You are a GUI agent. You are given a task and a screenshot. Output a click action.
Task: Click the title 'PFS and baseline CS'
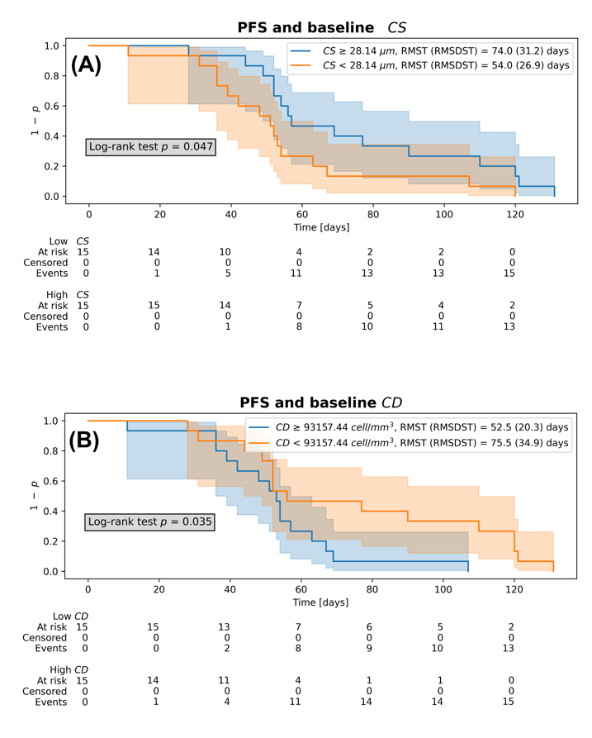pyautogui.click(x=322, y=27)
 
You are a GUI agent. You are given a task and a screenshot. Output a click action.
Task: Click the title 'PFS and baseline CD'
pyautogui.click(x=320, y=402)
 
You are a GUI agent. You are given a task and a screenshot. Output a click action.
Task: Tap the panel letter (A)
pyautogui.click(x=86, y=64)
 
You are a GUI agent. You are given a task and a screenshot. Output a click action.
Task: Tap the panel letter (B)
pyautogui.click(x=85, y=440)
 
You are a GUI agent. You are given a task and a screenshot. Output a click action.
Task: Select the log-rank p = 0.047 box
pyautogui.click(x=150, y=147)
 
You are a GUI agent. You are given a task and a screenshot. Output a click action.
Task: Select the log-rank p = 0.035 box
pyautogui.click(x=149, y=522)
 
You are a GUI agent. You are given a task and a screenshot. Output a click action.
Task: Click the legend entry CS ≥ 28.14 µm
pyautogui.click(x=430, y=51)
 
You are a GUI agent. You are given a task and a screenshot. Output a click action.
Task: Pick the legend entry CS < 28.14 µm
pyautogui.click(x=430, y=65)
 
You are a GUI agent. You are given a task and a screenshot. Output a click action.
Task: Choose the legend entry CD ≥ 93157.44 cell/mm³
pyautogui.click(x=408, y=427)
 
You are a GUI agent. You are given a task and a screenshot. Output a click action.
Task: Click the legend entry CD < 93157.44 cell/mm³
pyautogui.click(x=408, y=442)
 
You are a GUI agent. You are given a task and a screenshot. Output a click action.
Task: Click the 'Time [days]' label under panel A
pyautogui.click(x=322, y=227)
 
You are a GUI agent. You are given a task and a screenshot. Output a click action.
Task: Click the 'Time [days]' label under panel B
pyautogui.click(x=320, y=602)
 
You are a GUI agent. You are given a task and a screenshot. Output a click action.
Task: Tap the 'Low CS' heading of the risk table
pyautogui.click(x=69, y=241)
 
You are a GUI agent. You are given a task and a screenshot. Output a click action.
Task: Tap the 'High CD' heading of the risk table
pyautogui.click(x=69, y=669)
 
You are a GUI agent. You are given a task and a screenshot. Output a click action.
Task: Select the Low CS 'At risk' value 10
pyautogui.click(x=225, y=252)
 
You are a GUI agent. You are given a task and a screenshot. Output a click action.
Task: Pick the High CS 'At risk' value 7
pyautogui.click(x=299, y=306)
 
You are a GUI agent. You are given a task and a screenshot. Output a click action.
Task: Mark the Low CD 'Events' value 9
pyautogui.click(x=369, y=649)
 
